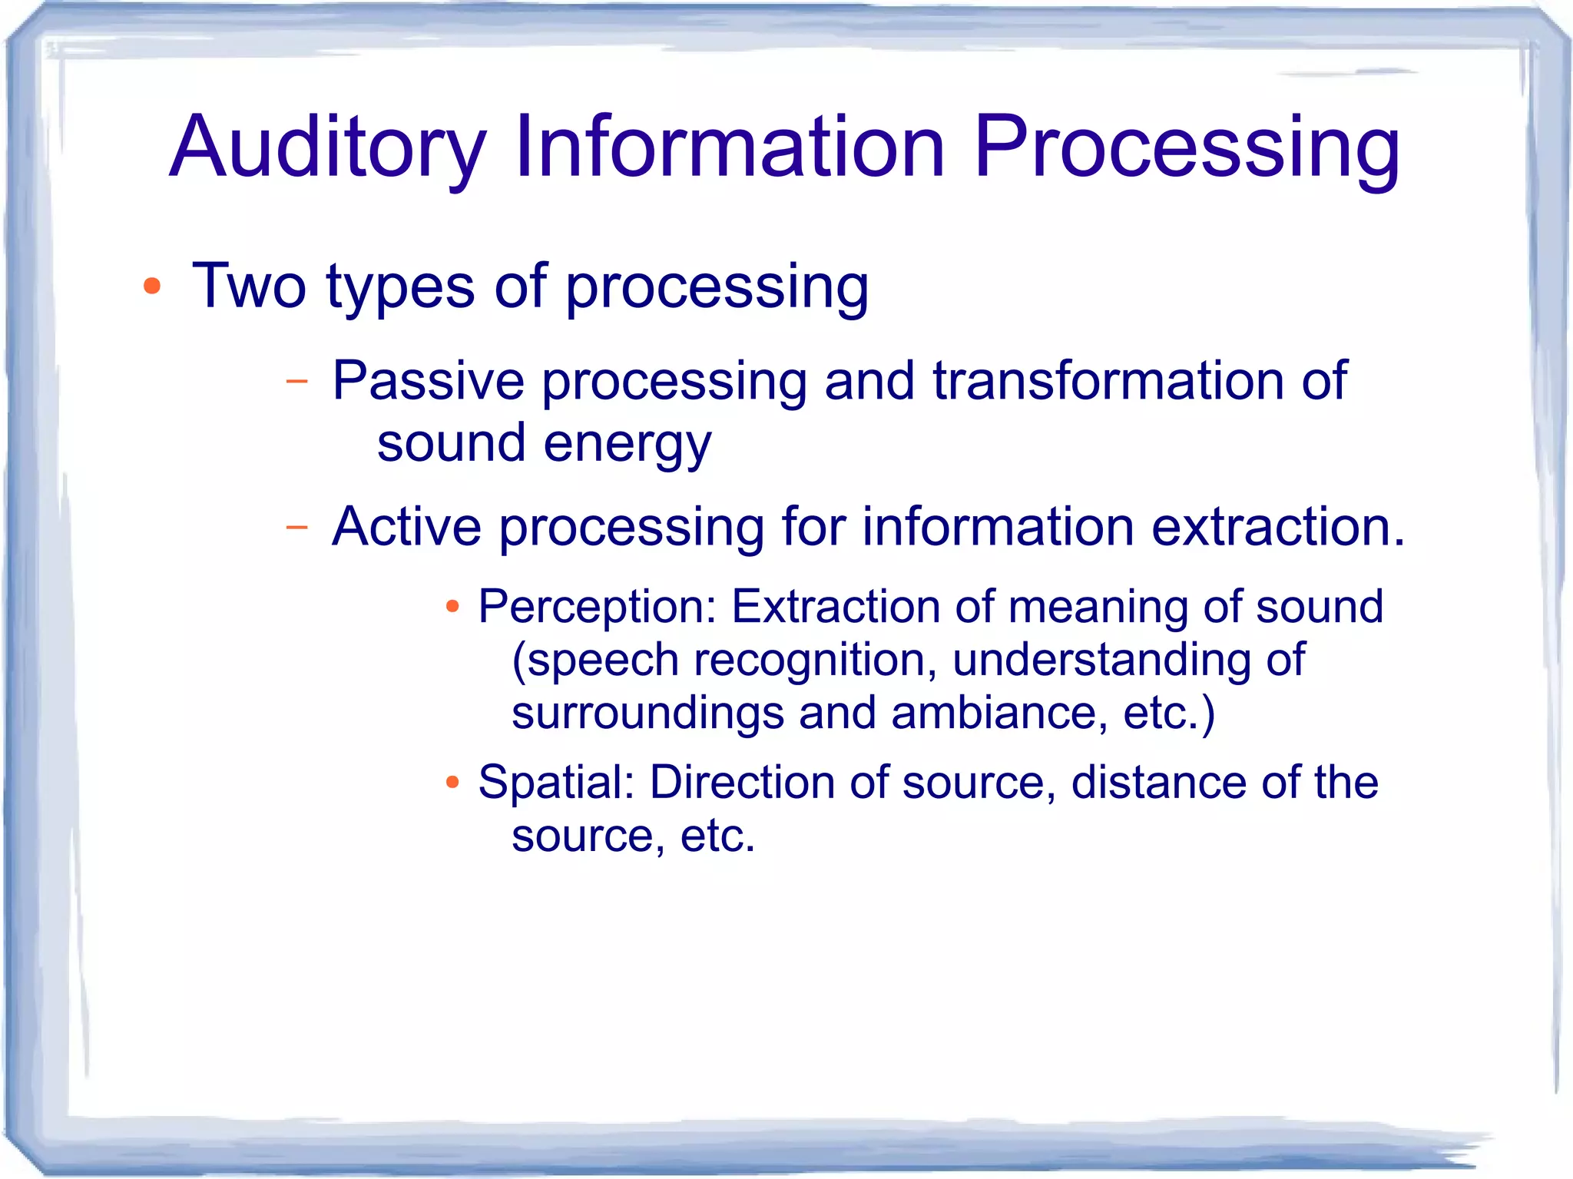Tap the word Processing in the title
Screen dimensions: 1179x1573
click(1187, 147)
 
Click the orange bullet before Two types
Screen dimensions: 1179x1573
click(152, 286)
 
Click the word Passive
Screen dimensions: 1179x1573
click(427, 381)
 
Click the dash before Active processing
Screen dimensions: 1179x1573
click(296, 527)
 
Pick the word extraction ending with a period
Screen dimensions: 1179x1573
click(1278, 527)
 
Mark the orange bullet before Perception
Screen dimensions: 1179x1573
click(452, 608)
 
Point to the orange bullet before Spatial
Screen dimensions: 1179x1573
click(452, 783)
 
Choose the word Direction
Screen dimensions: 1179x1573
click(742, 783)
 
